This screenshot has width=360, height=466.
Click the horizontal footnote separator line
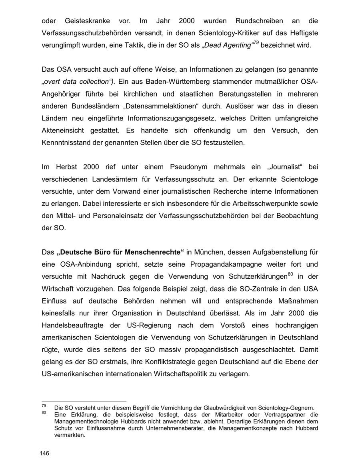pos(84,401)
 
